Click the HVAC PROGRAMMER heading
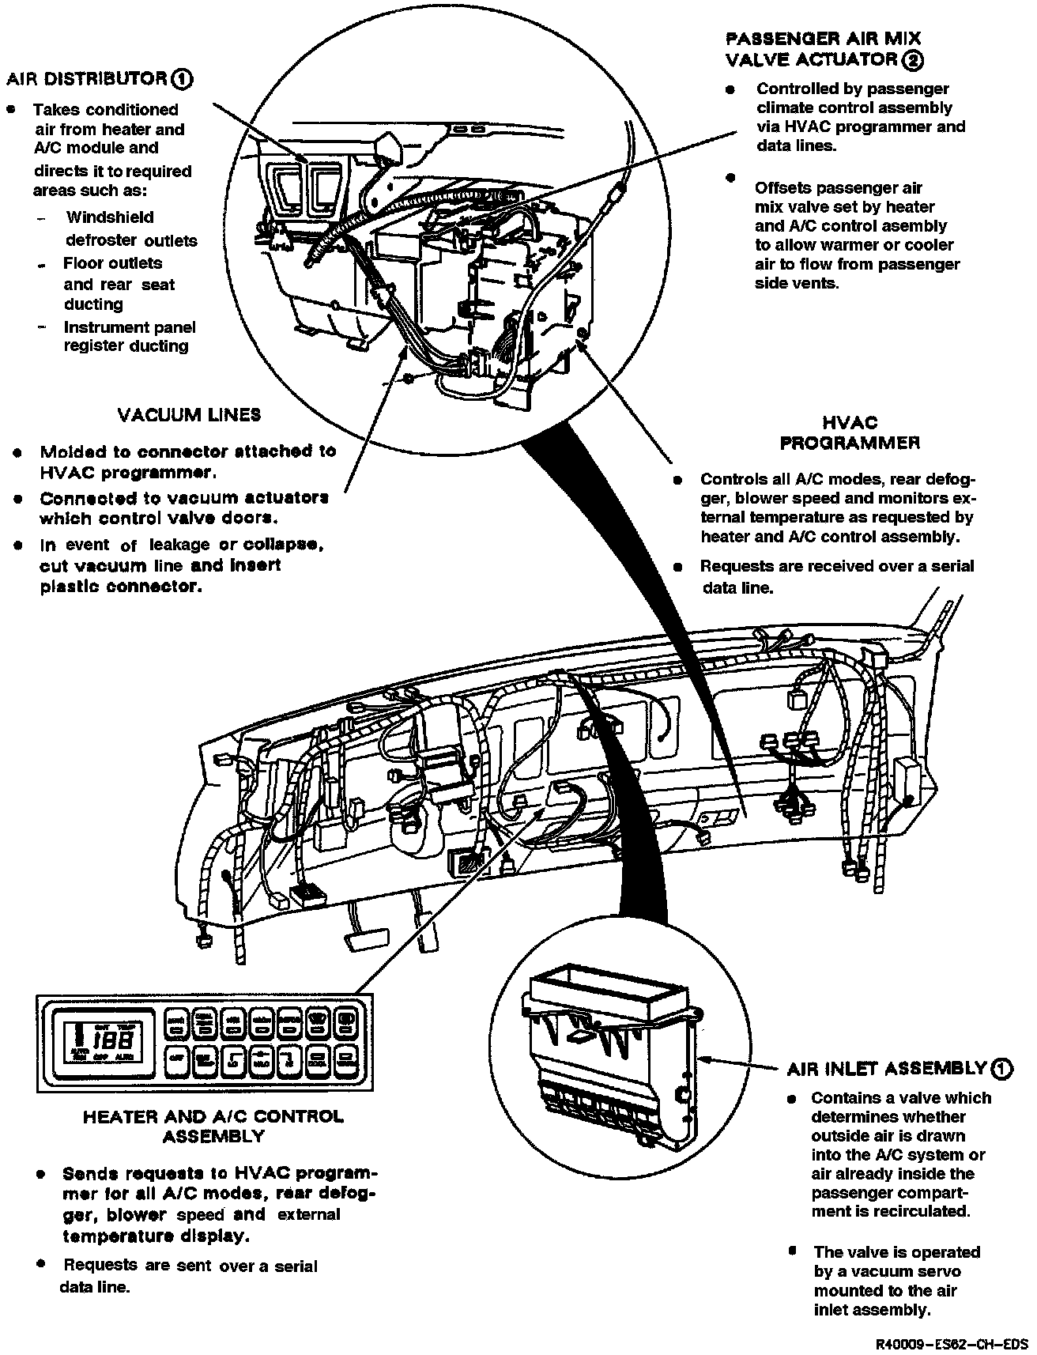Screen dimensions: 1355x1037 click(x=850, y=433)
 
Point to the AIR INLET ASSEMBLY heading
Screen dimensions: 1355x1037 click(x=886, y=1069)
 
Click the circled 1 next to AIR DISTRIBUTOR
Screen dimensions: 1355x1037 click(x=182, y=79)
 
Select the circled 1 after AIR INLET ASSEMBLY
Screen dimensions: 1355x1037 click(x=1001, y=1069)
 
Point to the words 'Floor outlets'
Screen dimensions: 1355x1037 click(x=112, y=263)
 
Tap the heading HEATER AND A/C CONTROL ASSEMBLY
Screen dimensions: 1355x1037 click(x=213, y=1127)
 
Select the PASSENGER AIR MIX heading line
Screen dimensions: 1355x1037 click(x=823, y=38)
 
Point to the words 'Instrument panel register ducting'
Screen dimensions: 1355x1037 click(x=128, y=336)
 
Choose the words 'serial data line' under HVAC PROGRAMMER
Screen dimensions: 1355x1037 click(x=838, y=576)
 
